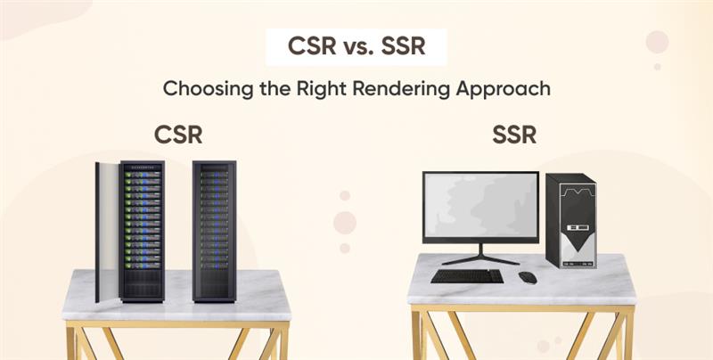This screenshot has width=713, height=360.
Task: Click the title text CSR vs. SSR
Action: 356,46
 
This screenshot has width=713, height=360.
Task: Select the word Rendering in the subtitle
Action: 402,89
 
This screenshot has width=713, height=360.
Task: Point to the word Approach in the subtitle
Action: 503,90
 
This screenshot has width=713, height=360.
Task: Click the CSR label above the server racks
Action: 178,135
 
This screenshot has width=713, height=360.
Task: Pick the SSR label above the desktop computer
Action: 514,135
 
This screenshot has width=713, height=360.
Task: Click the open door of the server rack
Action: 106,232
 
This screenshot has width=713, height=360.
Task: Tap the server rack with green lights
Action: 142,232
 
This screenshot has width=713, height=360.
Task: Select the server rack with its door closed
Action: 214,232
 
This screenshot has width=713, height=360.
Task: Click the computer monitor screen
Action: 480,207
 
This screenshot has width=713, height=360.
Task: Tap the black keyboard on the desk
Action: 467,276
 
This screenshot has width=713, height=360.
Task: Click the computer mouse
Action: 528,277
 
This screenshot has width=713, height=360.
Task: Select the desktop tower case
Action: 571,221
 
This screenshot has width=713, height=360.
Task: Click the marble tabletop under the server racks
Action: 176,296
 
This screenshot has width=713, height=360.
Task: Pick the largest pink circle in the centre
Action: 345,223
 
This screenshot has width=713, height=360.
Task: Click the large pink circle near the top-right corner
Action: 657,42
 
